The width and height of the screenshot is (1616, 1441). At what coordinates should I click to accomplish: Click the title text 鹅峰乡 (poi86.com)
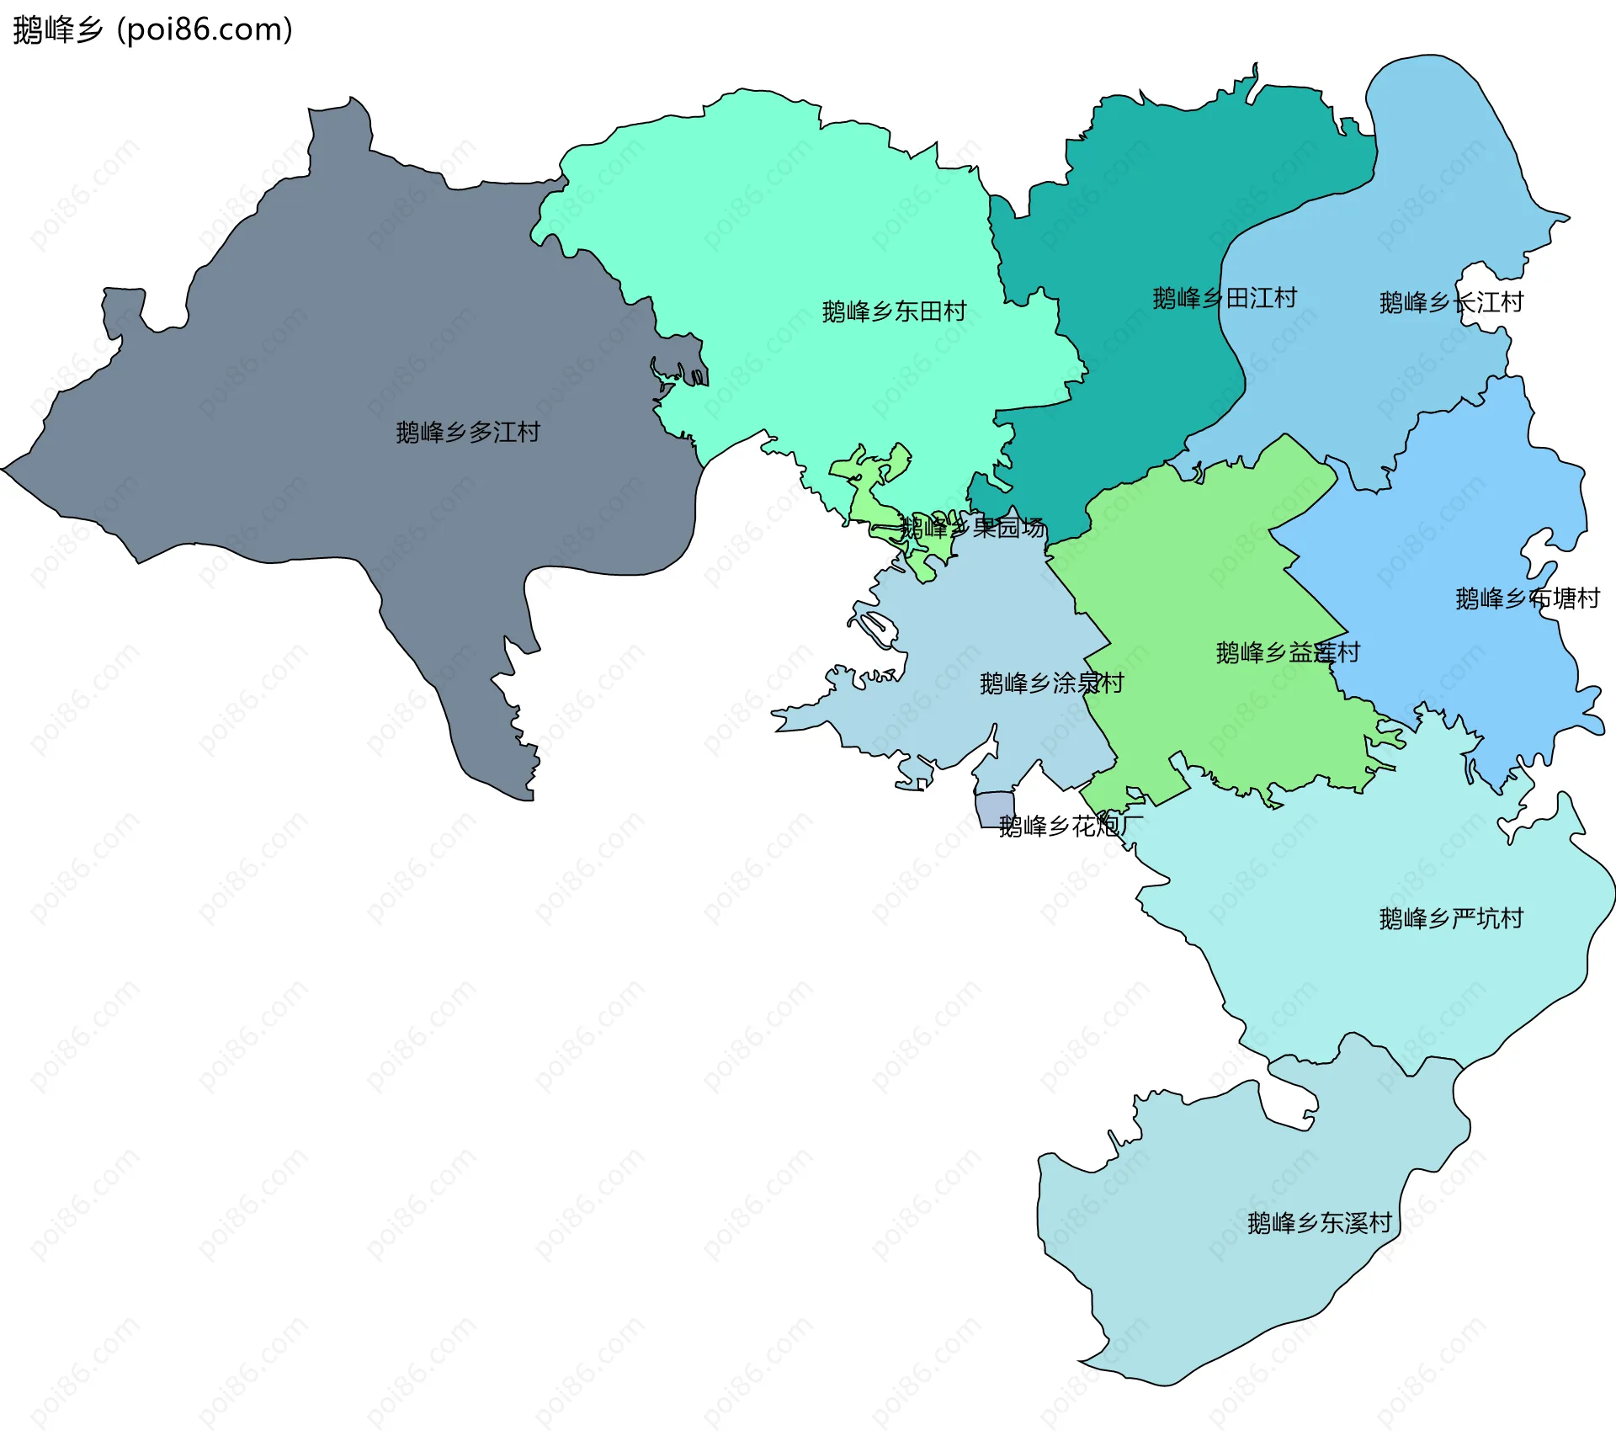152,29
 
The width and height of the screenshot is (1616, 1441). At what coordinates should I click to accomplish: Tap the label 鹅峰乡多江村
468,433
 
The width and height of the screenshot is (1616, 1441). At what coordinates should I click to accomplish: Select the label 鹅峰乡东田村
894,311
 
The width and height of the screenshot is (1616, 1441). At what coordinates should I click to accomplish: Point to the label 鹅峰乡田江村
1224,298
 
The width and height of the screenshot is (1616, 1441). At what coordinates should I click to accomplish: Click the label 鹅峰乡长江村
1451,302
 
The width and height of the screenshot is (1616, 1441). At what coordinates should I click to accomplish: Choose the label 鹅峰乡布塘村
1527,598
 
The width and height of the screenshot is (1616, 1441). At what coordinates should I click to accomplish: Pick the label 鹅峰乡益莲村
1287,652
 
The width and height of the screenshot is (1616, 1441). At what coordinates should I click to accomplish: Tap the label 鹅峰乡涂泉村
1051,683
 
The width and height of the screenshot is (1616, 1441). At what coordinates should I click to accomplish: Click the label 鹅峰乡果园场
972,528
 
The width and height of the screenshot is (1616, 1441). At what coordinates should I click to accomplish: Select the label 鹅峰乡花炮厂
1070,826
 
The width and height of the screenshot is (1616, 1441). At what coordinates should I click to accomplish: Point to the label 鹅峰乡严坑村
1451,918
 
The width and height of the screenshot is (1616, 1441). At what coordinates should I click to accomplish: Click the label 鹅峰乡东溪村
1319,1223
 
